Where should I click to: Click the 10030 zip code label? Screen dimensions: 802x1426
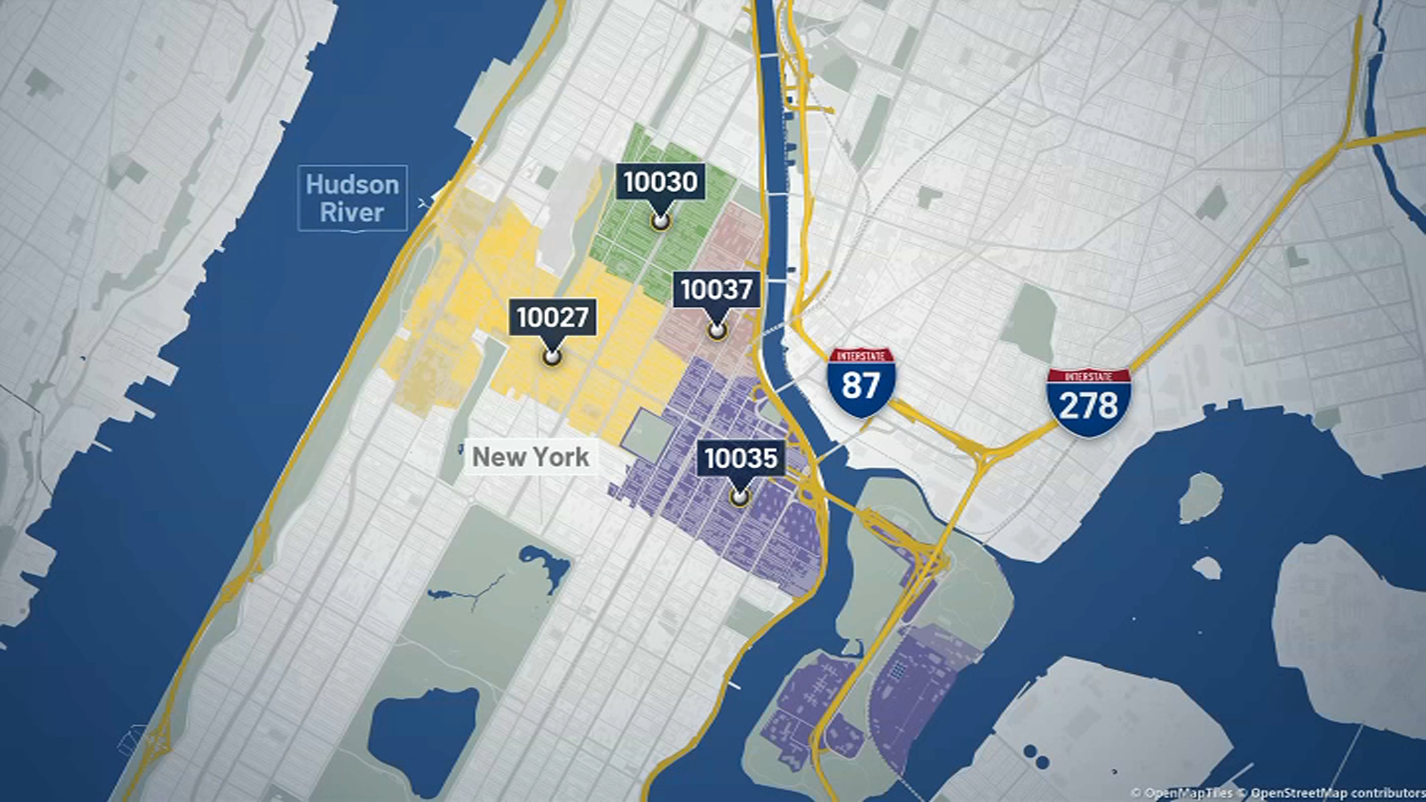tap(660, 182)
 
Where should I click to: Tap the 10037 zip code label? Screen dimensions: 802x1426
tap(717, 290)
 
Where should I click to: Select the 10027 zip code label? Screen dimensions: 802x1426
tap(553, 317)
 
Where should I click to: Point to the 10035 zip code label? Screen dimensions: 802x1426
tap(740, 458)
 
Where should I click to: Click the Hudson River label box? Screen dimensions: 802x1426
tap(352, 198)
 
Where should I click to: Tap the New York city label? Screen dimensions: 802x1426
tap(531, 457)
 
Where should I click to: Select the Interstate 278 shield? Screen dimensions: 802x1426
tap(1088, 402)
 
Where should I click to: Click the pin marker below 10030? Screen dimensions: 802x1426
tap(660, 221)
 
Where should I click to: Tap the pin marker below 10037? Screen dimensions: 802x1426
tap(717, 330)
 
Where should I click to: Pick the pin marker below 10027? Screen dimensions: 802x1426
tap(552, 357)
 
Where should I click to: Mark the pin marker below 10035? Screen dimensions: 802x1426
tap(739, 497)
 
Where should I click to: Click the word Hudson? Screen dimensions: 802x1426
tap(352, 184)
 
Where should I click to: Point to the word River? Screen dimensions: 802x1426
tap(352, 212)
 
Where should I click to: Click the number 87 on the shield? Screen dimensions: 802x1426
tap(861, 386)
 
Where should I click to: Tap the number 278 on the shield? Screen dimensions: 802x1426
tap(1088, 406)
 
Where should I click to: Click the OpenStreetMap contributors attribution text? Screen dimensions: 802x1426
tap(1337, 793)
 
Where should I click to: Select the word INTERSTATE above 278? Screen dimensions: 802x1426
tap(1089, 376)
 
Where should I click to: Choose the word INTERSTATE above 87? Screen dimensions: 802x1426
tap(862, 356)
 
